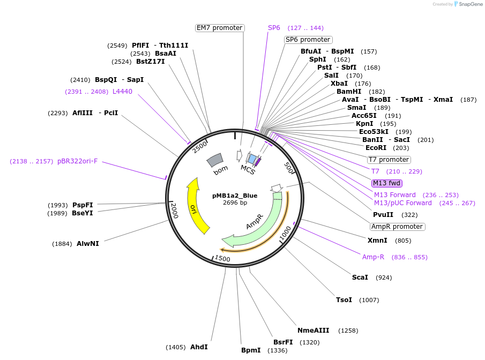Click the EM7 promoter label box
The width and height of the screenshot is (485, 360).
[220, 28]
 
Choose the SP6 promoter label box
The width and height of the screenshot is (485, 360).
[308, 40]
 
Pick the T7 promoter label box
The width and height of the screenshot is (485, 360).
[389, 160]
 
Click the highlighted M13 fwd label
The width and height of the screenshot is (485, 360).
[387, 183]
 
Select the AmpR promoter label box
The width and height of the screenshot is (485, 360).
[398, 227]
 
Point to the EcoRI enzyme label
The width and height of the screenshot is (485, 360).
[376, 148]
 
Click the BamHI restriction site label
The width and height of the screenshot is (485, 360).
[349, 92]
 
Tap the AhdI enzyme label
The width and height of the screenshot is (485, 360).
[199, 347]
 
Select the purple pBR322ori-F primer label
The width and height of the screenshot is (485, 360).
[78, 161]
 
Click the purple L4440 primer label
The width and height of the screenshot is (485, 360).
[122, 92]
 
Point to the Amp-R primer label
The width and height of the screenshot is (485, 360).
[373, 257]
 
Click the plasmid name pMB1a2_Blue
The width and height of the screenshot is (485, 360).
[235, 196]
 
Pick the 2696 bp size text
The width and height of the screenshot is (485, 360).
[235, 203]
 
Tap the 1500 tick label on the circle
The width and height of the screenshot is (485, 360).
[222, 259]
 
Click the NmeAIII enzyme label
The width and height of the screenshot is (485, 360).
[313, 331]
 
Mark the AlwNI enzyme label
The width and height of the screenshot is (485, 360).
[88, 244]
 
